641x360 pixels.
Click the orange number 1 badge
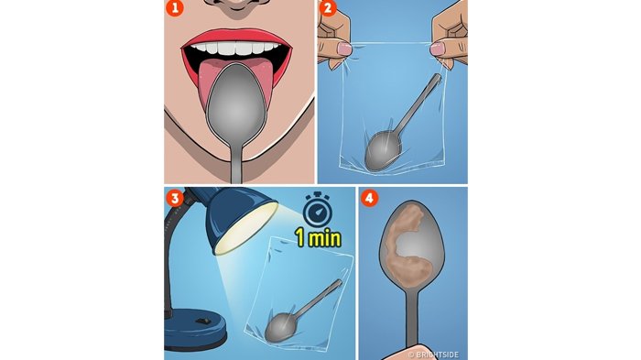pyautogui.click(x=175, y=7)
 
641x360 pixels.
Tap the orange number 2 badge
pyautogui.click(x=327, y=7)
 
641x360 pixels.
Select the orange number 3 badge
pyautogui.click(x=175, y=199)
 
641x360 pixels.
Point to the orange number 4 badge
pyautogui.click(x=369, y=199)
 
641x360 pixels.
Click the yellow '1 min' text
pyautogui.click(x=318, y=237)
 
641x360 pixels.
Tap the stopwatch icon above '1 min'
pyautogui.click(x=317, y=209)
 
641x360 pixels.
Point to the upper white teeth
pyautogui.click(x=235, y=49)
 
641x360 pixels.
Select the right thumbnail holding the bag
pyautogui.click(x=439, y=49)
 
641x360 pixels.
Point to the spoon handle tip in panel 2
pyautogui.click(x=439, y=77)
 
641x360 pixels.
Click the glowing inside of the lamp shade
pyautogui.click(x=246, y=227)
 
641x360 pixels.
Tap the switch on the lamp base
pyautogui.click(x=203, y=321)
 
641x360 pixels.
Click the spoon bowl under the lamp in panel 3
pyautogui.click(x=280, y=327)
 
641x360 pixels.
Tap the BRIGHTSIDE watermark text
pyautogui.click(x=433, y=355)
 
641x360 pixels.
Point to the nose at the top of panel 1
pyautogui.click(x=236, y=5)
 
